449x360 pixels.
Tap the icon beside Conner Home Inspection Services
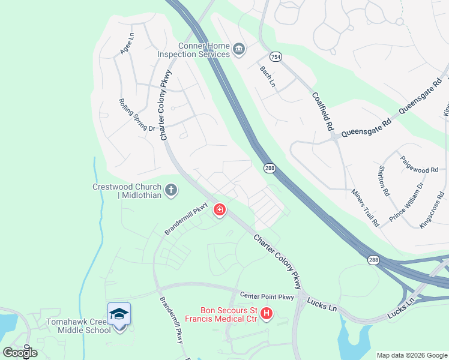239,49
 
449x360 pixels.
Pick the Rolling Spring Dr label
137,115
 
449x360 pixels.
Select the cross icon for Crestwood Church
171,191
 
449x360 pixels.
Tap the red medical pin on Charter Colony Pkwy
220,210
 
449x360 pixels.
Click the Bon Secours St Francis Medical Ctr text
221,314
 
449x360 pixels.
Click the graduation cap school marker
119,314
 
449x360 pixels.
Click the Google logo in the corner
20,352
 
